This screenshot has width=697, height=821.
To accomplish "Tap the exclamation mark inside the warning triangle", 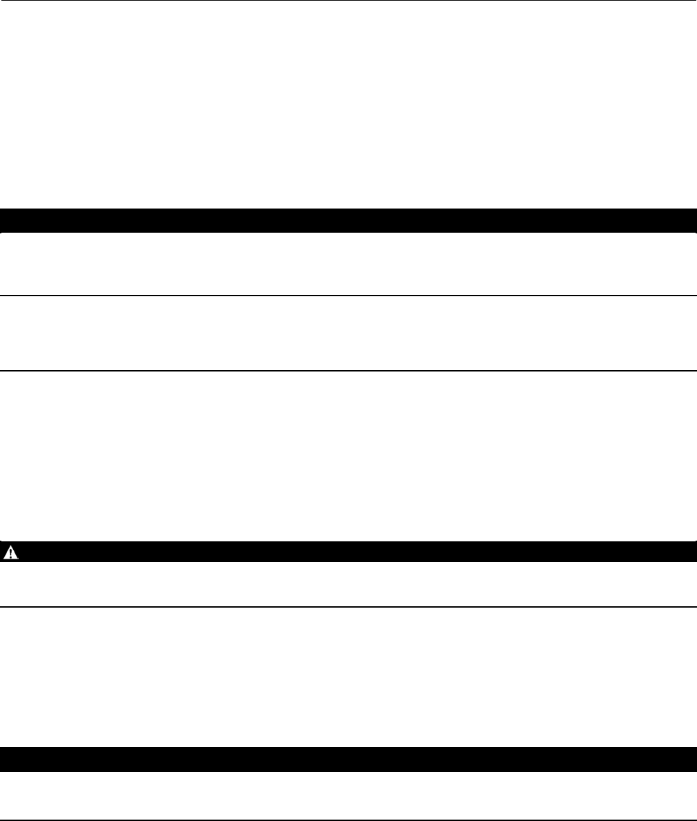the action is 12,552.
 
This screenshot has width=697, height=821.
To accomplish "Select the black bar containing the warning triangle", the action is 348,551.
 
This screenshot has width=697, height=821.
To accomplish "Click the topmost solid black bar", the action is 348,220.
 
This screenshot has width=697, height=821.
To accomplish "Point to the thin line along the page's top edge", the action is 348,1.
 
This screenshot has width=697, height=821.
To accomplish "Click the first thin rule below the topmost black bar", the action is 348,296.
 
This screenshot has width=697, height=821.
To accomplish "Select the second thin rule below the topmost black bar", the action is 348,371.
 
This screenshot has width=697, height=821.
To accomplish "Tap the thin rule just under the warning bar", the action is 348,607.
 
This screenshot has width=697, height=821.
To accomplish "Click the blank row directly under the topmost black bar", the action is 348,264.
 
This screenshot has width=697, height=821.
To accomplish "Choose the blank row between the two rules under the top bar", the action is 348,334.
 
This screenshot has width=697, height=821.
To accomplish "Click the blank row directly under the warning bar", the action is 348,584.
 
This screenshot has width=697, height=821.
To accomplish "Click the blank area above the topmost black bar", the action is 348,104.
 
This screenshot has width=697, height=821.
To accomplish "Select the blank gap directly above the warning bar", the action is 348,456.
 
